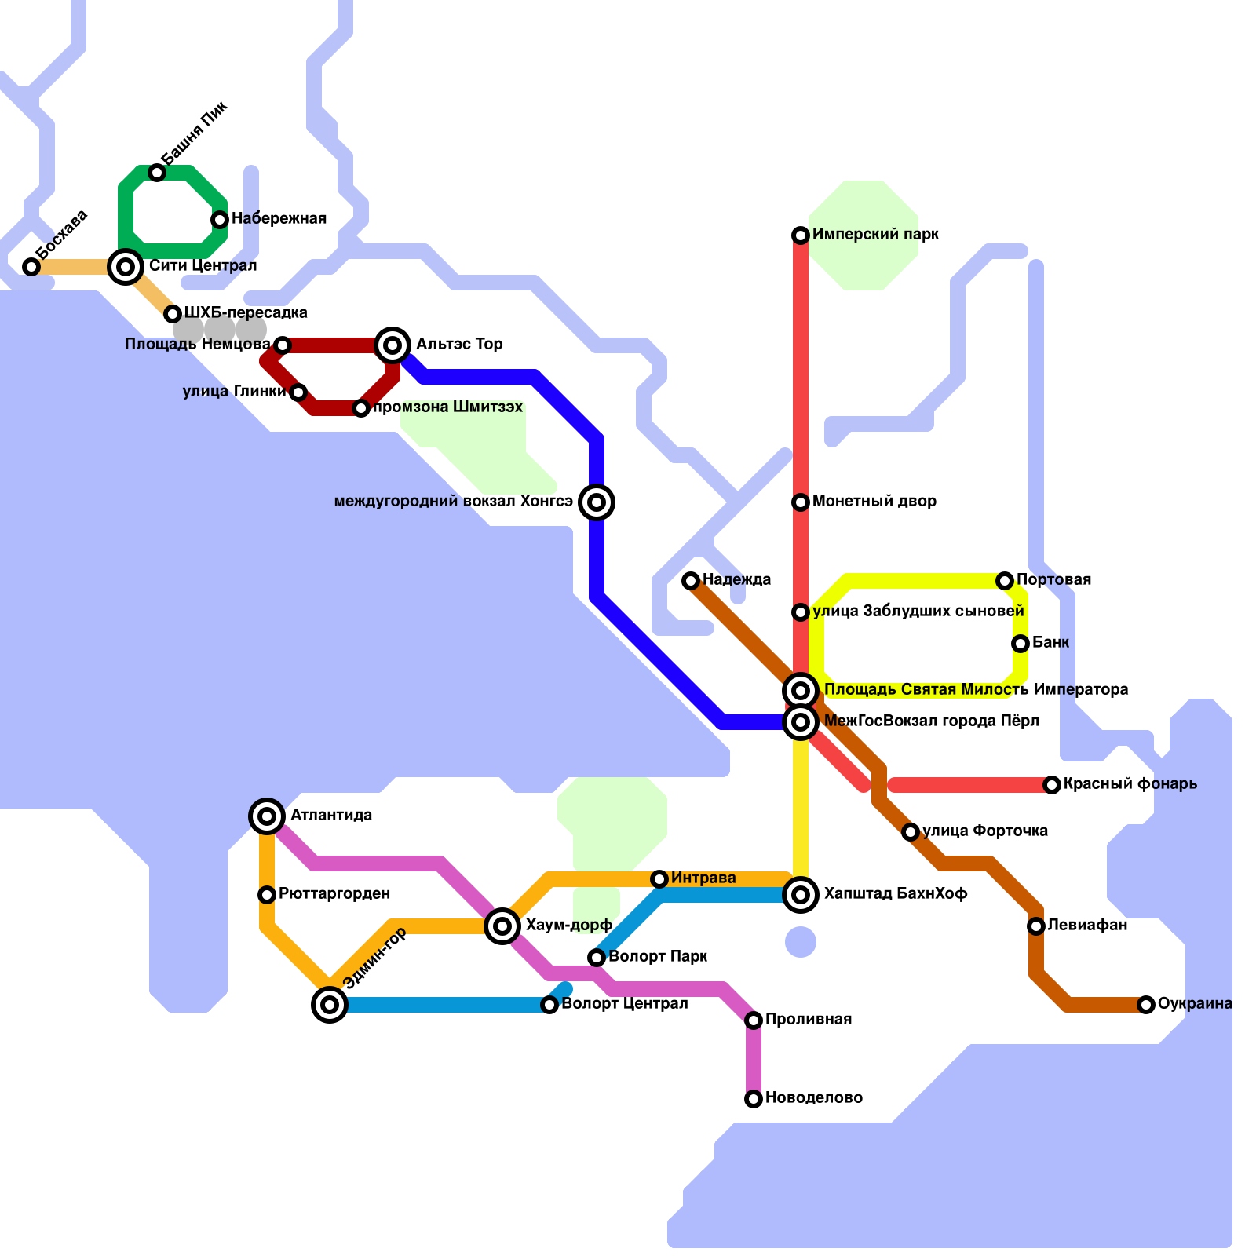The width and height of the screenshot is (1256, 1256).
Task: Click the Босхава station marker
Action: pos(31,267)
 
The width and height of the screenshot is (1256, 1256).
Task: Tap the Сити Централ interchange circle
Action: pos(126,267)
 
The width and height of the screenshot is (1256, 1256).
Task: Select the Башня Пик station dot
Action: pos(157,173)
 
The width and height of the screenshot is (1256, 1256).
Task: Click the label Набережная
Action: pos(279,218)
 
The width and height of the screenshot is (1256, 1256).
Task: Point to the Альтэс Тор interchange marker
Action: pos(392,345)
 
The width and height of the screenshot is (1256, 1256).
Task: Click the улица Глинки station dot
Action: pos(298,392)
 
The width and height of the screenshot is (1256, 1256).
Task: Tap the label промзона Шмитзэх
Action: pos(447,407)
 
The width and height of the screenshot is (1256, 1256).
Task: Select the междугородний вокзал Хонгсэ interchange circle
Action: pos(597,502)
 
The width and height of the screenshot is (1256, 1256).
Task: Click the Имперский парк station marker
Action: pos(801,235)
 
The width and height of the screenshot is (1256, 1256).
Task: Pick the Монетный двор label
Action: pos(874,501)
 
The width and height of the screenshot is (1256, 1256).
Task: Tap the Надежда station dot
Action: pos(691,581)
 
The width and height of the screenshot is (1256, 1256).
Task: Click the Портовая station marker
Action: pos(1005,581)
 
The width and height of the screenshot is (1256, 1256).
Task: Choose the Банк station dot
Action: pos(1020,644)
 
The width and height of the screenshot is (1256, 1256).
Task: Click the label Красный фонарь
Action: pos(1130,783)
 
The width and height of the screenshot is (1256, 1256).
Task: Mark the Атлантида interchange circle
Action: pos(267,816)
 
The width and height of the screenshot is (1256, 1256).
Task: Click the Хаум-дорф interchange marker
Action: pos(502,926)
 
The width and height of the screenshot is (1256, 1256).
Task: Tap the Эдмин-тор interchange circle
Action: pos(330,1005)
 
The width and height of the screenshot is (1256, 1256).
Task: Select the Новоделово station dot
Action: pos(754,1099)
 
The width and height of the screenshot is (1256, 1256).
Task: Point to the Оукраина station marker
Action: pos(1146,1005)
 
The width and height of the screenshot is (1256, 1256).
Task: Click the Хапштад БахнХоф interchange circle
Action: pos(801,894)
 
